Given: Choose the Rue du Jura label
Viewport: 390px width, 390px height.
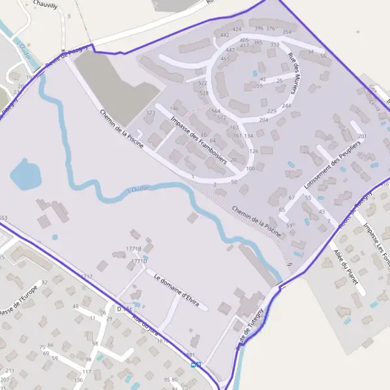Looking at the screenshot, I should tap(145, 322).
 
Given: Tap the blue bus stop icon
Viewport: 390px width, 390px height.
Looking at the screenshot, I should tap(194, 365).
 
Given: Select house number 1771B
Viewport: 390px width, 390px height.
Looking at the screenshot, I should tap(134, 248).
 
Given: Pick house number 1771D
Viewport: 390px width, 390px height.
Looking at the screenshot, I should tap(139, 261).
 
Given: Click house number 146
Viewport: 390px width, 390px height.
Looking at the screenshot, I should tap(174, 109).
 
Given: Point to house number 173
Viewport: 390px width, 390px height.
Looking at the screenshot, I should tap(151, 112).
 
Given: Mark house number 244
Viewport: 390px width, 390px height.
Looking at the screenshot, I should tap(286, 105).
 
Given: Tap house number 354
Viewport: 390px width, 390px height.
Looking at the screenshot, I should tap(287, 31).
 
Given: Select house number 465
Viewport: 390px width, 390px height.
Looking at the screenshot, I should tap(225, 58).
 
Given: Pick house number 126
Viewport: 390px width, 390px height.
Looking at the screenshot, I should tap(253, 151).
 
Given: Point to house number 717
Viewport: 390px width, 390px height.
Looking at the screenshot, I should tap(88, 276).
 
